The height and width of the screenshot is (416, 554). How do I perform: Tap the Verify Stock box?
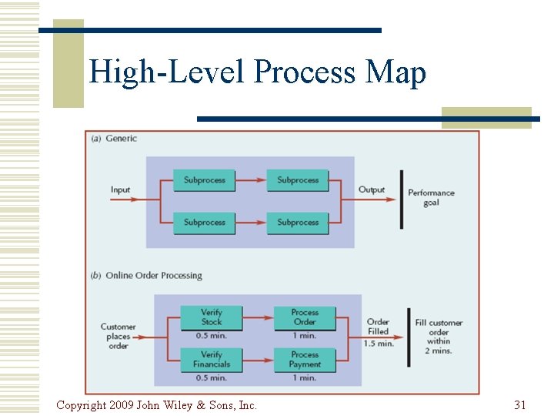[x=211, y=317]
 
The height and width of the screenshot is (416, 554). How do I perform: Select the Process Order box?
[x=305, y=317]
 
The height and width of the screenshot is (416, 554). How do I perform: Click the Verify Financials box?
[x=211, y=359]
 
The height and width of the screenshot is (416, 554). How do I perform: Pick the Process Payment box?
[x=305, y=359]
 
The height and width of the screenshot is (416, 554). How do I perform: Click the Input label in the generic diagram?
[x=121, y=190]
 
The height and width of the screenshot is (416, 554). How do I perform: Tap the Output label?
[x=372, y=190]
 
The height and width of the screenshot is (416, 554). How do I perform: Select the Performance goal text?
[x=431, y=198]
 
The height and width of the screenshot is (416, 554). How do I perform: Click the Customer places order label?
[x=118, y=337]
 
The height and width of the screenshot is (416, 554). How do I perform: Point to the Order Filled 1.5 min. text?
[x=378, y=332]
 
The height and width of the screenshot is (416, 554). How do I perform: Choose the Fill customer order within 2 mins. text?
[x=439, y=337]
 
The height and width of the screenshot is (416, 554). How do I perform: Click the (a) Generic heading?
[x=114, y=139]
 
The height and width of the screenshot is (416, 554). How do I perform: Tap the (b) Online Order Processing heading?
[x=146, y=275]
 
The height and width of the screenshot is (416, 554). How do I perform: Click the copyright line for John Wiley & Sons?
[x=156, y=404]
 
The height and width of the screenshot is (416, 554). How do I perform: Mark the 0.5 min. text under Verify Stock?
[x=211, y=335]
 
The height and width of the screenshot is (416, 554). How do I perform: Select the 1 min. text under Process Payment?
[x=305, y=377]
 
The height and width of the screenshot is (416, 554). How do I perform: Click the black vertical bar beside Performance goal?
[x=401, y=199]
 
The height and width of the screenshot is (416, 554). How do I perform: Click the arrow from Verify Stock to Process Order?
[x=258, y=317]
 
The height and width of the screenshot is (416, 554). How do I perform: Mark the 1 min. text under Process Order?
[x=305, y=335]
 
